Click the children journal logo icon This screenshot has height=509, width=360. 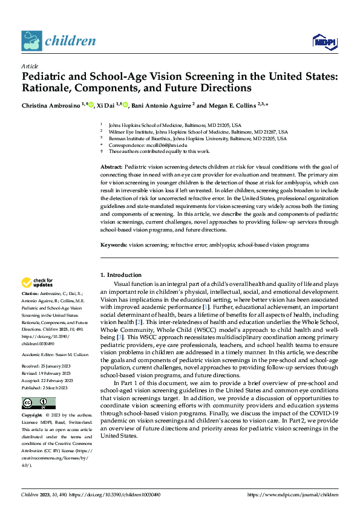[x=31, y=41]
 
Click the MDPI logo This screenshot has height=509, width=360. [x=324, y=41]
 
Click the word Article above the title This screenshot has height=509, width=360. [x=30, y=66]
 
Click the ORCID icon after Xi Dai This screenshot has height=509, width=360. [x=125, y=105]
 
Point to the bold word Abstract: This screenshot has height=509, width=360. [x=111, y=166]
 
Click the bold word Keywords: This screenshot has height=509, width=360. [x=113, y=245]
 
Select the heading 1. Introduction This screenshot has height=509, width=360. [x=121, y=275]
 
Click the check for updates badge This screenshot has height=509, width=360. [x=38, y=282]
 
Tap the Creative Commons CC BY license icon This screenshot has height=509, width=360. [x=31, y=387]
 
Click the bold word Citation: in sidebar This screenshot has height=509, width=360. [x=31, y=293]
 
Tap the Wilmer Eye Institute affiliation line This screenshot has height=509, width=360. [x=197, y=131]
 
